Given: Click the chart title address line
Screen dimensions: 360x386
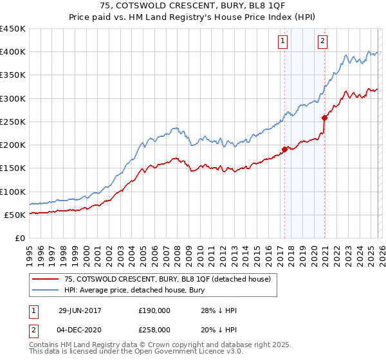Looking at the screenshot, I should (192, 6).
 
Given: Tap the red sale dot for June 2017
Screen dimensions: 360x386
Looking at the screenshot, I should (284, 150).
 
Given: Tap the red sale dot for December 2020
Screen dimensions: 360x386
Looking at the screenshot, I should (324, 118).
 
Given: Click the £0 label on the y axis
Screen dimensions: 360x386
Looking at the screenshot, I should (19, 239).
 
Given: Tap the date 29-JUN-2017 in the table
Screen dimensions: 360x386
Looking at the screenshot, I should (80, 310).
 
